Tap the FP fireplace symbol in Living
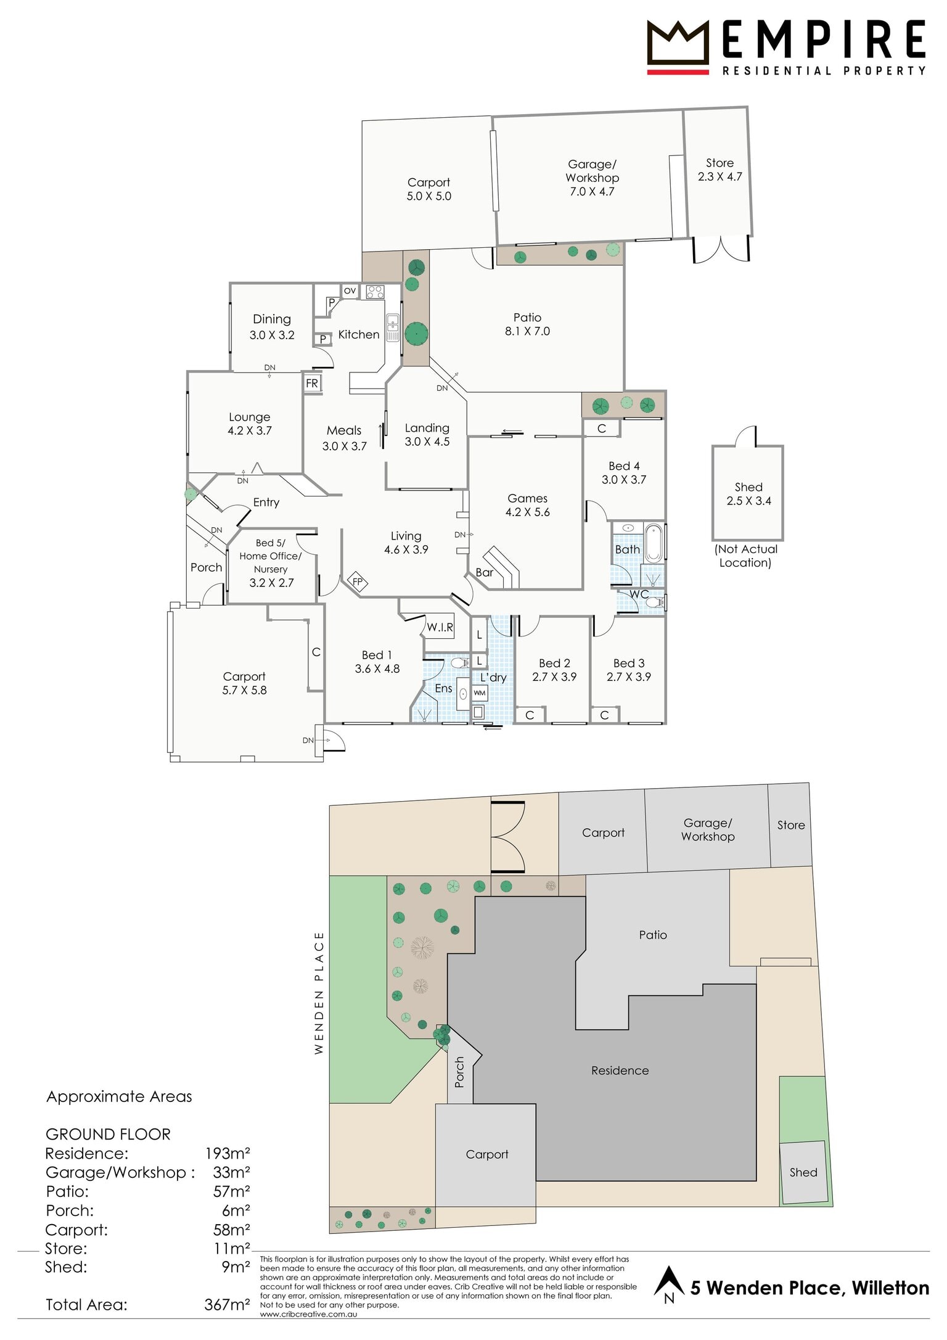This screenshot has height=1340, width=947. click(x=358, y=581)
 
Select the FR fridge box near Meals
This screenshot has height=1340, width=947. click(x=312, y=383)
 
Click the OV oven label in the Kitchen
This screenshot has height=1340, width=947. click(x=350, y=290)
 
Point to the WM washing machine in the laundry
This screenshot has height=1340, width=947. click(x=480, y=693)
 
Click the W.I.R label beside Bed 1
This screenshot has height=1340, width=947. click(x=440, y=627)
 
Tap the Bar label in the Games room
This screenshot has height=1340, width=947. click(x=485, y=572)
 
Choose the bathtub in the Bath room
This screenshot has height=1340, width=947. click(x=654, y=543)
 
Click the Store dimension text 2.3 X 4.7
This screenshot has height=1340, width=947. click(x=720, y=176)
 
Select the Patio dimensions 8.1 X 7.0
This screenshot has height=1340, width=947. click(x=528, y=331)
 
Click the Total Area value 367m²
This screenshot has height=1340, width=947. click(x=228, y=1305)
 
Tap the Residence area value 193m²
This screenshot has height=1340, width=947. click(x=228, y=1153)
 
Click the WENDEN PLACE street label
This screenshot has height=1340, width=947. click(x=319, y=993)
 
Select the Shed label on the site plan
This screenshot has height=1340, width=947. click(x=803, y=1172)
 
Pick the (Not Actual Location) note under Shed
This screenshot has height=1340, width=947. click(x=746, y=556)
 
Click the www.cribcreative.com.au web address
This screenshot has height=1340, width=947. click(x=308, y=1314)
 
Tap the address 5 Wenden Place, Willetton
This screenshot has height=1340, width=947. click(x=810, y=1288)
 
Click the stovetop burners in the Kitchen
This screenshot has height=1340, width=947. click(x=375, y=292)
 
